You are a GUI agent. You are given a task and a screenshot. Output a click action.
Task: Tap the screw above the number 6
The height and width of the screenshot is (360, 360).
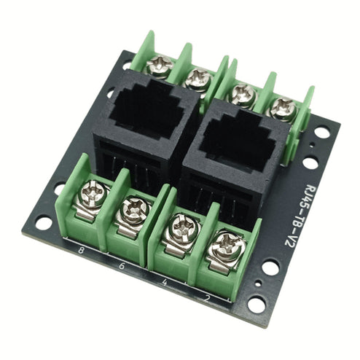point(134,211)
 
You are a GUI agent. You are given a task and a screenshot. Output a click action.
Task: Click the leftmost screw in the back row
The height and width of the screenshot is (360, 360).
point(160,66)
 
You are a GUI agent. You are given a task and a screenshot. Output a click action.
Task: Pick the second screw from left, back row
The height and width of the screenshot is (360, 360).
point(197,79)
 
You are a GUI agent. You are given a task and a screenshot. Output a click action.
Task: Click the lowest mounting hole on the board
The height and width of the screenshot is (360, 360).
point(256,305)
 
